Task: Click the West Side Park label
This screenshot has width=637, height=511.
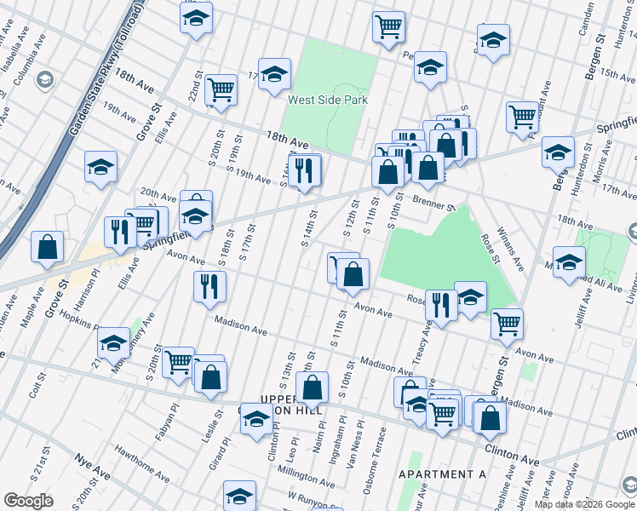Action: (x=327, y=100)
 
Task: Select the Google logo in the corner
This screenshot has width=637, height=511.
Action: (x=28, y=501)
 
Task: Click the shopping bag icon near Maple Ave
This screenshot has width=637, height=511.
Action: (x=48, y=247)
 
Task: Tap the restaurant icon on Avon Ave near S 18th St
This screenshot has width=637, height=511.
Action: (x=209, y=288)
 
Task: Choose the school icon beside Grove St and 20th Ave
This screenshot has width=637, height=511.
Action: (x=100, y=167)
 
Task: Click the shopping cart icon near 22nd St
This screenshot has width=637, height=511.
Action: (x=221, y=89)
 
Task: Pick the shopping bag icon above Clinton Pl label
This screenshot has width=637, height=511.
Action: (x=313, y=388)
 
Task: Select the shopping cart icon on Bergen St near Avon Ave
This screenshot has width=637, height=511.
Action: (x=507, y=323)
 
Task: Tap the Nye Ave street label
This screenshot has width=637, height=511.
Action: (x=93, y=469)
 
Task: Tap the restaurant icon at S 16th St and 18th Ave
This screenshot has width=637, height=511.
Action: (x=304, y=171)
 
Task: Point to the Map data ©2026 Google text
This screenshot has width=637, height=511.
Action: (x=583, y=504)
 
